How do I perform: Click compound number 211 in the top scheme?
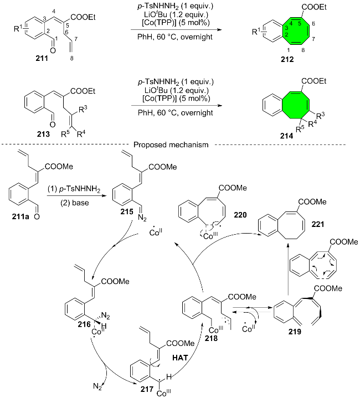coord(42,58)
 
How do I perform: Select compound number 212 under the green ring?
coord(287,59)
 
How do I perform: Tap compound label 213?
coord(43,134)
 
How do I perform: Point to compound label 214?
coord(287,136)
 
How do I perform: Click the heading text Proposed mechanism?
coord(171,144)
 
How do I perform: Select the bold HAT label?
coord(180,358)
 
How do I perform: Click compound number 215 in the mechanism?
coord(127,211)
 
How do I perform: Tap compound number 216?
coord(84,324)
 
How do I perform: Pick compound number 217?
coord(147,389)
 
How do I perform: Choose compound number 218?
coord(211,338)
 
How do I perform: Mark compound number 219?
coord(295,332)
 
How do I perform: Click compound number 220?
coord(240,215)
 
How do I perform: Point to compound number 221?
coord(317,224)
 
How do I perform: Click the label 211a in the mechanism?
coord(20,216)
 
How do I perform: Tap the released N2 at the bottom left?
coord(97,386)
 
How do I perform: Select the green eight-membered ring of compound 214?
coord(296,105)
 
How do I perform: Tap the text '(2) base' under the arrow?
coord(74,203)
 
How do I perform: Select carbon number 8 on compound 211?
coord(72,58)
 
